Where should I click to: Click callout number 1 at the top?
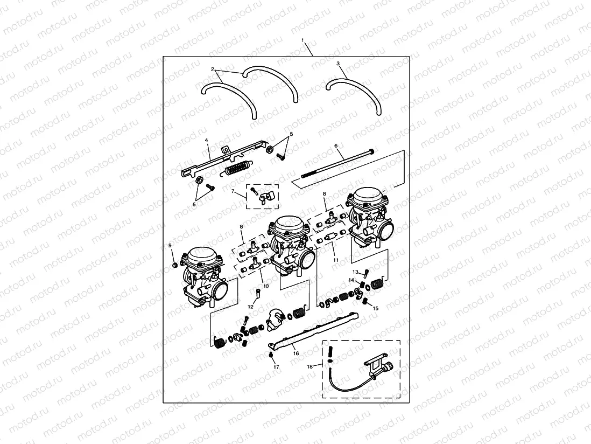(x=303, y=41)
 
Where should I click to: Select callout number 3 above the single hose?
(x=338, y=64)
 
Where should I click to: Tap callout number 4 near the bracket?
(x=207, y=140)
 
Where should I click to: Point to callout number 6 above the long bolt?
(x=336, y=145)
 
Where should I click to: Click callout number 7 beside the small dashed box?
(x=233, y=191)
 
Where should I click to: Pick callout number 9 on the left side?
(x=170, y=246)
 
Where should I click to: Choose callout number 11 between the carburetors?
(x=336, y=260)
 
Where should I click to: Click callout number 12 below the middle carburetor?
(x=250, y=307)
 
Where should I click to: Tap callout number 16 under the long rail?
(x=295, y=353)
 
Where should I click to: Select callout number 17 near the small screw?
(x=276, y=367)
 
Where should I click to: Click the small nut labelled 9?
(x=175, y=265)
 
